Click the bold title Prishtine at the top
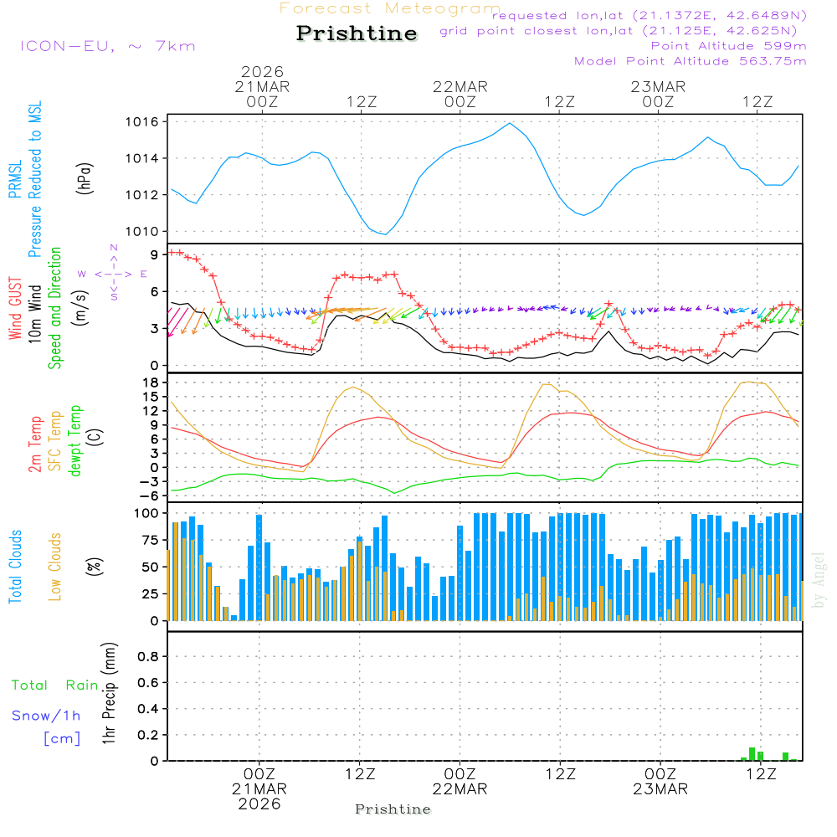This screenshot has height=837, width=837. tap(357, 33)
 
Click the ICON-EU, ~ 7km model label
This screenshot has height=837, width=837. tap(107, 46)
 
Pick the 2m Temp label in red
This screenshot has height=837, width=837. tap(36, 444)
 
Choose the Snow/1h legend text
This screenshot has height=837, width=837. tap(47, 716)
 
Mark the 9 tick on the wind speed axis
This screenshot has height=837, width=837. tap(155, 254)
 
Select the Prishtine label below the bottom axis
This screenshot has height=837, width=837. tap(393, 809)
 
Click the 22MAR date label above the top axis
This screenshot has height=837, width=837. tap(460, 87)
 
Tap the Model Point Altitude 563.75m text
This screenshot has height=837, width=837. tap(691, 61)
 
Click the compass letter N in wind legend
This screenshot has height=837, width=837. tap(114, 249)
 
